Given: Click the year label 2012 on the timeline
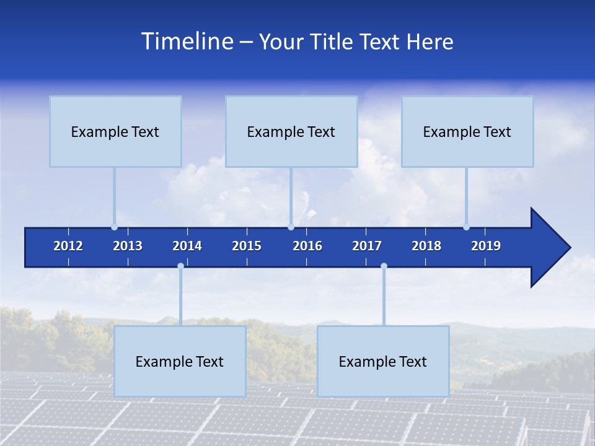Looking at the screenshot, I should [68, 246].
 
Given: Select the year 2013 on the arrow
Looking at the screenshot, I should [128, 246].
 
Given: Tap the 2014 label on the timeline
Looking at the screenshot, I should [187, 246].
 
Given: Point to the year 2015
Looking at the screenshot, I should [247, 246].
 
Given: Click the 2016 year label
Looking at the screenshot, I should [307, 246].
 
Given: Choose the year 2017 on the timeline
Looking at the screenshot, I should [367, 246].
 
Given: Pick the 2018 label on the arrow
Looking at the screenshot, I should [426, 246].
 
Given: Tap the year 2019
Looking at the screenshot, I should [486, 246].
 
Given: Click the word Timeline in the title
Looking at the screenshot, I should [187, 42].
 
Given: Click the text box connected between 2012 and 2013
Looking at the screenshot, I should [115, 131].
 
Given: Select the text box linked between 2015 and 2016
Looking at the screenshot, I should [291, 131].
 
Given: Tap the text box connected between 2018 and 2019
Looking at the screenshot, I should [467, 131].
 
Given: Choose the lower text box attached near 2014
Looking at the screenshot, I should [180, 361].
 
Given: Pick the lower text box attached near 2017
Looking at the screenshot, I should [383, 361].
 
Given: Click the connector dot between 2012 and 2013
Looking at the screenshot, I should [115, 227].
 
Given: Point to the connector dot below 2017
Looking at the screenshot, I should [384, 266].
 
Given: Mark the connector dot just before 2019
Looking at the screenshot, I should [467, 227].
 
